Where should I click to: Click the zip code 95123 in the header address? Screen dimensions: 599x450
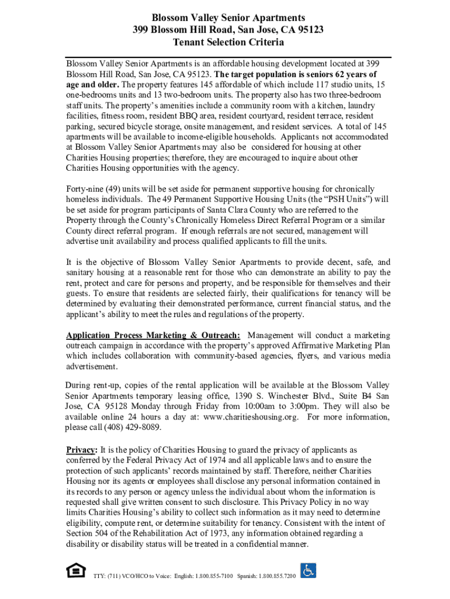[x=310, y=30]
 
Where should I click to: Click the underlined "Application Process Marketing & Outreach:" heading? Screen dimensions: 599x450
[x=153, y=335]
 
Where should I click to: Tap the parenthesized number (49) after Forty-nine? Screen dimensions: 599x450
[x=110, y=188]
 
